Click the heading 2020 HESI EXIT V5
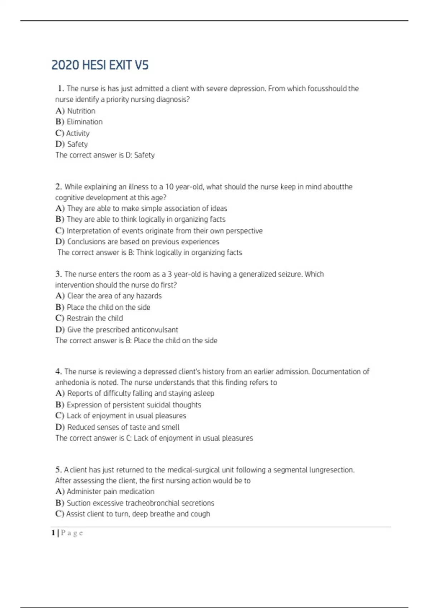click(100, 65)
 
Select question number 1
click(60, 88)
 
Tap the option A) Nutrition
click(75, 111)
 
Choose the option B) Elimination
click(79, 122)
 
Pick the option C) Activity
click(73, 133)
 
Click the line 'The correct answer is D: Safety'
click(105, 155)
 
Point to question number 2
click(59, 187)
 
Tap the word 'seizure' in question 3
click(289, 274)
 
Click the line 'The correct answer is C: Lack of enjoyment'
click(154, 438)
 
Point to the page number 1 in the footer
click(53, 533)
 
